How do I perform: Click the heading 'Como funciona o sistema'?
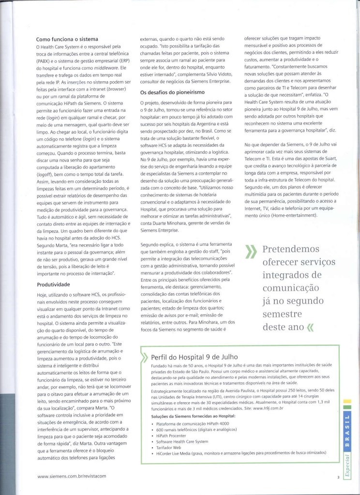[67, 39]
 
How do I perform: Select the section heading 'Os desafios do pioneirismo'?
[173, 92]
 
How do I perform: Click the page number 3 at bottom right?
[339, 477]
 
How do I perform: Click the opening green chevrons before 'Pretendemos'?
[251, 252]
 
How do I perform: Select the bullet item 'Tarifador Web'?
[169, 447]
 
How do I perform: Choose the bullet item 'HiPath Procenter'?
[170, 435]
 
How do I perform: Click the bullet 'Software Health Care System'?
[182, 441]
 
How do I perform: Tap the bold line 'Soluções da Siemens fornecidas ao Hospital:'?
[193, 416]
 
